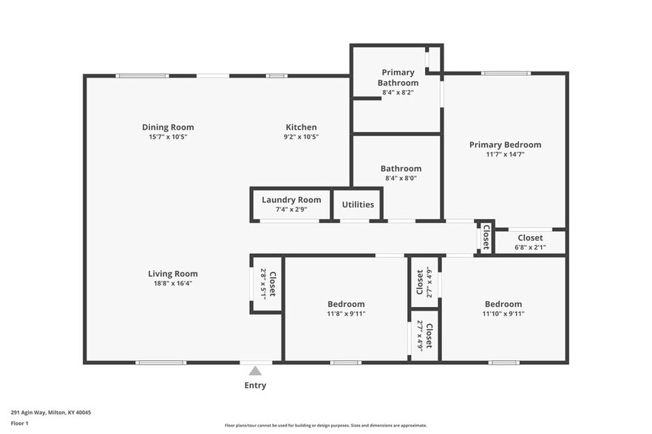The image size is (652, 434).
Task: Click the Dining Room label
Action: [169, 127]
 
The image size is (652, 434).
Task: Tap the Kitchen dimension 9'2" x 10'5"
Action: [301, 137]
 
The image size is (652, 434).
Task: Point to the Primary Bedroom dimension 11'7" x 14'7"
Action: [505, 155]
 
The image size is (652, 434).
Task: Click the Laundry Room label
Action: [291, 199]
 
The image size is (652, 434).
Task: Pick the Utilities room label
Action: [357, 204]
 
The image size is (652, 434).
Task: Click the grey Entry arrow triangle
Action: [255, 371]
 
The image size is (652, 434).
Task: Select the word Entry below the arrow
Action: [255, 385]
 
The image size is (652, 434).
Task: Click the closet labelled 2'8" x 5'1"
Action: [267, 283]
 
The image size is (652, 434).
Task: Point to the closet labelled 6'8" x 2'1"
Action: [529, 242]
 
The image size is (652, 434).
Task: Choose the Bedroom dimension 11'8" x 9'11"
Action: [346, 314]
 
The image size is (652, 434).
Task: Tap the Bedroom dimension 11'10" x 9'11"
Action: [503, 314]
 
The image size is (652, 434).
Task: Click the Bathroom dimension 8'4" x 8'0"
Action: [401, 178]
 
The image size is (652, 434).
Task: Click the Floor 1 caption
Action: [19, 423]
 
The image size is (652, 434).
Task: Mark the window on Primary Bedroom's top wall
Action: [506, 73]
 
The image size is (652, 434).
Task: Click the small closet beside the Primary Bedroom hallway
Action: [485, 237]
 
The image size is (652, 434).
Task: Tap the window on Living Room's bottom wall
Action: [160, 362]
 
